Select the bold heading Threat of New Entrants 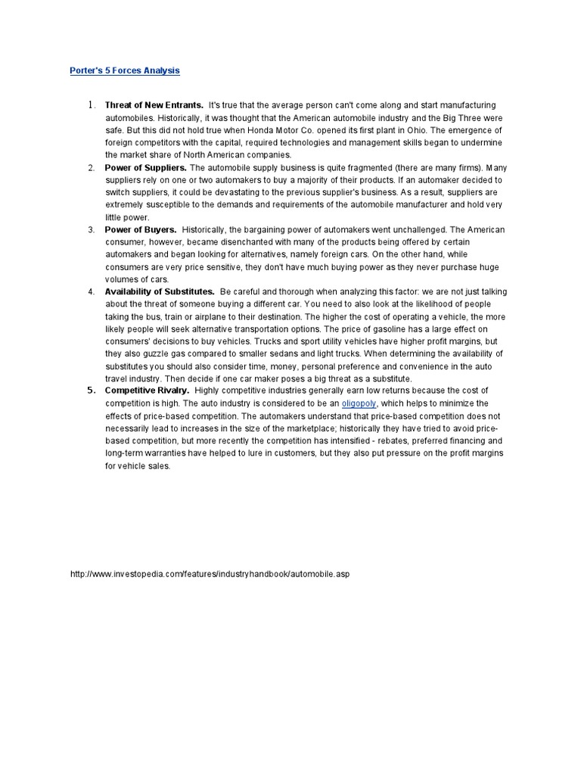coord(154,104)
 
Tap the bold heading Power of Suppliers coord(146,167)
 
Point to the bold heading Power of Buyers coord(141,229)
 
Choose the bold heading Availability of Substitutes coord(160,291)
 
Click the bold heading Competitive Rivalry coord(147,391)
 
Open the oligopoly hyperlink coord(359,403)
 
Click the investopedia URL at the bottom coord(210,574)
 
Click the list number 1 coord(91,104)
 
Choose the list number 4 coord(91,291)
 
